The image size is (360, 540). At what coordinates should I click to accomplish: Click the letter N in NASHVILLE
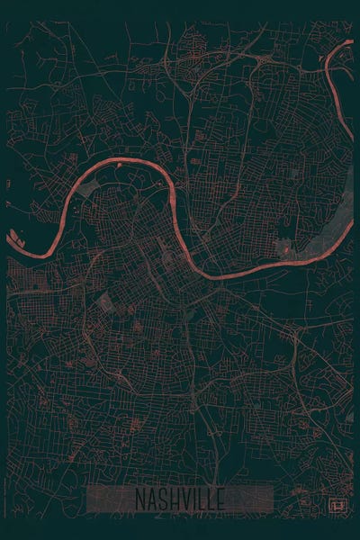140,499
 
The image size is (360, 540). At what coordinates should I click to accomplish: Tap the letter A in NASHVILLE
151,499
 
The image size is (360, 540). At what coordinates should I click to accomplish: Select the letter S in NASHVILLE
162,499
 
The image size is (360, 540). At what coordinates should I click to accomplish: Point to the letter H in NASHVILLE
173,499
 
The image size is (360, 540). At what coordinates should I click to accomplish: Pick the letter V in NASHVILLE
184,499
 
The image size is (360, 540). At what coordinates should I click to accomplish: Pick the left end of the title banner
90,499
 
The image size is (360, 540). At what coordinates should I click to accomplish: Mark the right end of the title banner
271,499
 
